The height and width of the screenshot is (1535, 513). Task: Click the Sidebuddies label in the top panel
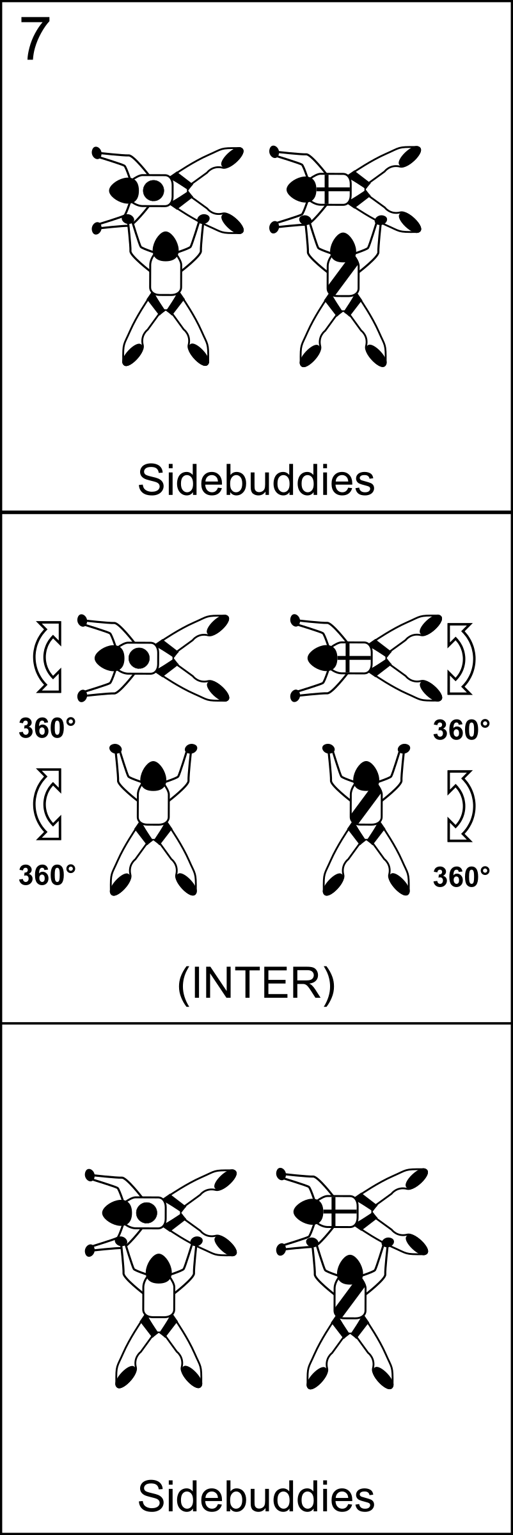(x=256, y=480)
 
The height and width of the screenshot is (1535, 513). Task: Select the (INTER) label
(x=256, y=984)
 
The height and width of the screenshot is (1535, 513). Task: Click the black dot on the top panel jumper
(x=153, y=190)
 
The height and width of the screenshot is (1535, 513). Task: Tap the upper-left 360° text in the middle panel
(x=47, y=728)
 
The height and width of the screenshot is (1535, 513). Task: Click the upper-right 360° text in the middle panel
(x=462, y=730)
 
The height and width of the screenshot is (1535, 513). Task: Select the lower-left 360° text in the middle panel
(x=47, y=876)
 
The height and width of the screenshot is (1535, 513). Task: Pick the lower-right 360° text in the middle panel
(x=462, y=877)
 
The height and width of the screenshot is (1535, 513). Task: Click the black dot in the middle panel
(x=139, y=657)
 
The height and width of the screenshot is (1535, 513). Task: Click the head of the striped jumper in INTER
(x=367, y=775)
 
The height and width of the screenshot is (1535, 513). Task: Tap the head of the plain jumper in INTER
(x=154, y=775)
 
